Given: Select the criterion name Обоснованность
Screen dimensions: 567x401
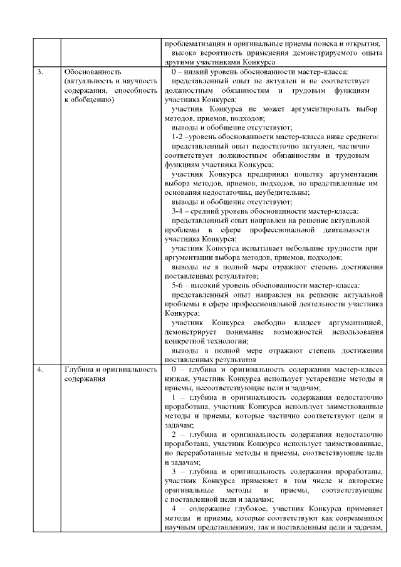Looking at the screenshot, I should [x=88, y=73].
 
